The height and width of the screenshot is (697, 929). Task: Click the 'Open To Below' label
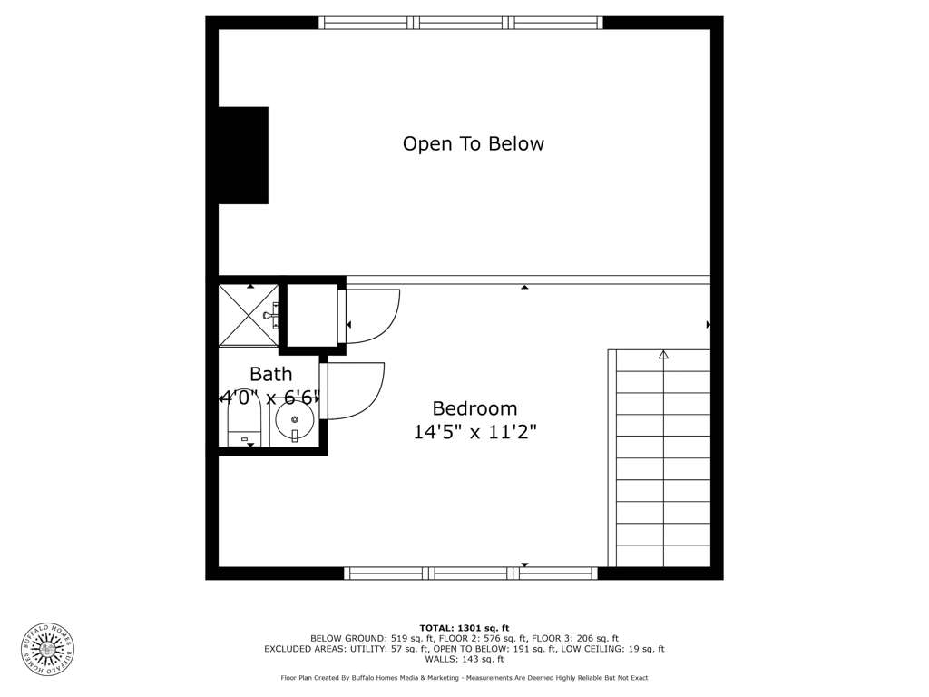[x=473, y=144]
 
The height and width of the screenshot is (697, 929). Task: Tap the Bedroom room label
[x=474, y=408]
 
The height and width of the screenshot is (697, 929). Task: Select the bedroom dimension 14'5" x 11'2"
[x=474, y=431]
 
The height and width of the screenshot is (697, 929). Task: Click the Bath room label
[x=270, y=374]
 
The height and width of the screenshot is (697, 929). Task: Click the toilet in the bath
[x=245, y=422]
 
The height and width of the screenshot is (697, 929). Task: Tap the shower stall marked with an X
[x=249, y=315]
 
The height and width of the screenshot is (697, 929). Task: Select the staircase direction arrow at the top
[x=663, y=355]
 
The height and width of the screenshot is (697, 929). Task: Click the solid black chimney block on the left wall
[x=243, y=155]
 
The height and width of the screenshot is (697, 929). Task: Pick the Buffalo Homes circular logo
[x=48, y=650]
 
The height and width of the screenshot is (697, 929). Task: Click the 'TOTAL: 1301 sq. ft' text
[x=464, y=628]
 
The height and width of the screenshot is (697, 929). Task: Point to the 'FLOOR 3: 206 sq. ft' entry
[x=574, y=638]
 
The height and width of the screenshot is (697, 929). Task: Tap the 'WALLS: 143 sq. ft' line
[x=464, y=659]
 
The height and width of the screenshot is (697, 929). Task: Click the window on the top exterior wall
[x=461, y=23]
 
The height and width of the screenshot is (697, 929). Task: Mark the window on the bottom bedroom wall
[x=471, y=574]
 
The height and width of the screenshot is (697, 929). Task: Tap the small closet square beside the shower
[x=312, y=315]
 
